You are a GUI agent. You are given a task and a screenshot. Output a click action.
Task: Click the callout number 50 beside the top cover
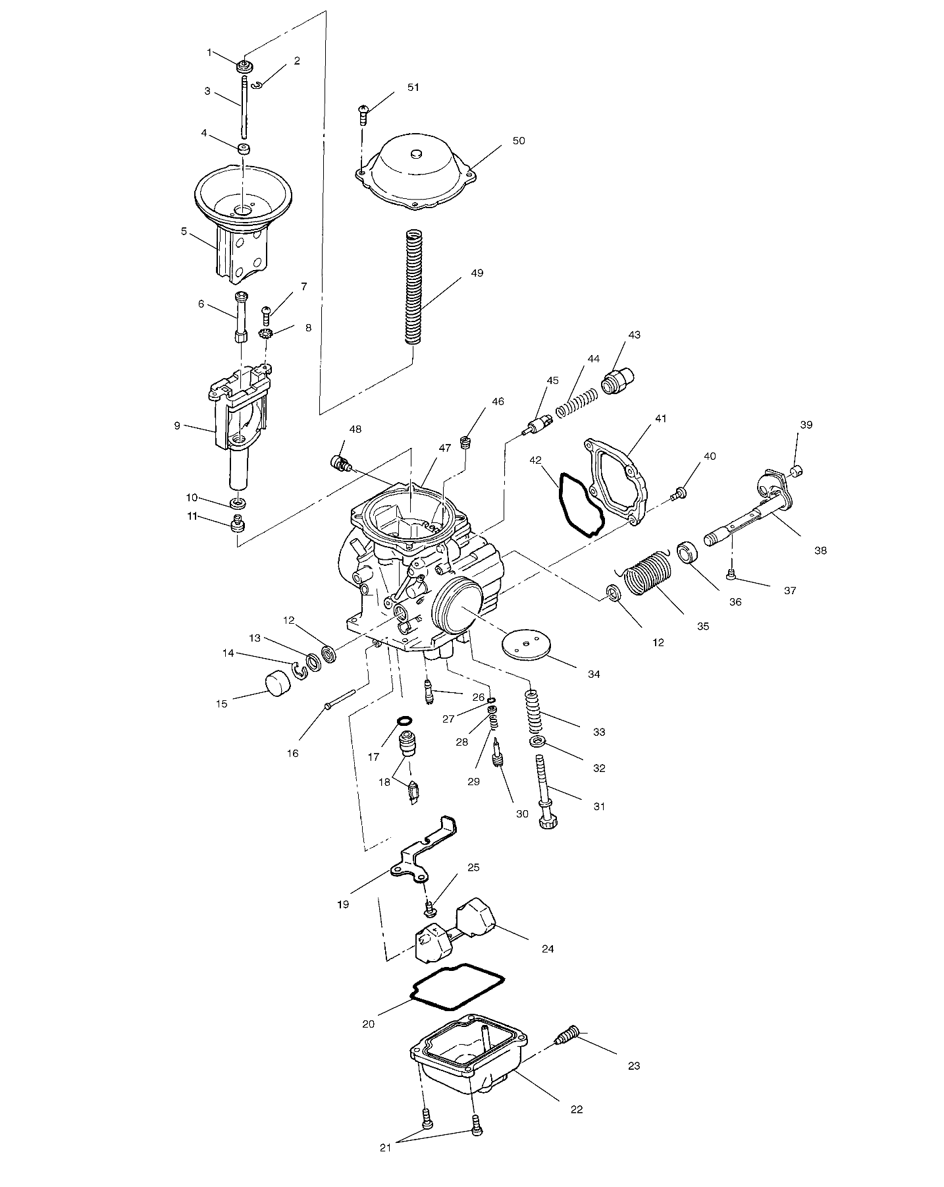pos(519,141)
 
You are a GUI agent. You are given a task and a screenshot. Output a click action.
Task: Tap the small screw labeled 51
pos(363,115)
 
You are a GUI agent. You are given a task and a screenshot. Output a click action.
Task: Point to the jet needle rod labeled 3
pos(244,109)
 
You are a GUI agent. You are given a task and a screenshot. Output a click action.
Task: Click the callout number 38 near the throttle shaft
pos(820,550)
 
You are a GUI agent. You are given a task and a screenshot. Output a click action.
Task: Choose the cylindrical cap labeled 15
pos(277,682)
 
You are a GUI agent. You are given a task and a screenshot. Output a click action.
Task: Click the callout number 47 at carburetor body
pos(445,448)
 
